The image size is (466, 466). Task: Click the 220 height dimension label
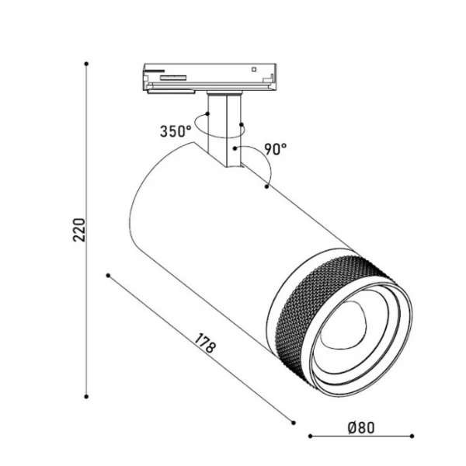click(x=79, y=230)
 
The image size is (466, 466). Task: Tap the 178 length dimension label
click(x=205, y=343)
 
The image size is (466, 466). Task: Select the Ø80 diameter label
click(x=361, y=428)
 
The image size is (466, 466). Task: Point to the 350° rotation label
click(x=176, y=131)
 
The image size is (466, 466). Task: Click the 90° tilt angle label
click(x=276, y=149)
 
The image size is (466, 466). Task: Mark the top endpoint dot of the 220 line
click(x=86, y=64)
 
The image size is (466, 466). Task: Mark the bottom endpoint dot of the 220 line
click(x=86, y=396)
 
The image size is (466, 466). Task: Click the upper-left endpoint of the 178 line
click(x=108, y=276)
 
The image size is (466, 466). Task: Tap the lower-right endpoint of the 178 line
click(x=294, y=423)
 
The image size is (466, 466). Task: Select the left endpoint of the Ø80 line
click(x=310, y=436)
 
